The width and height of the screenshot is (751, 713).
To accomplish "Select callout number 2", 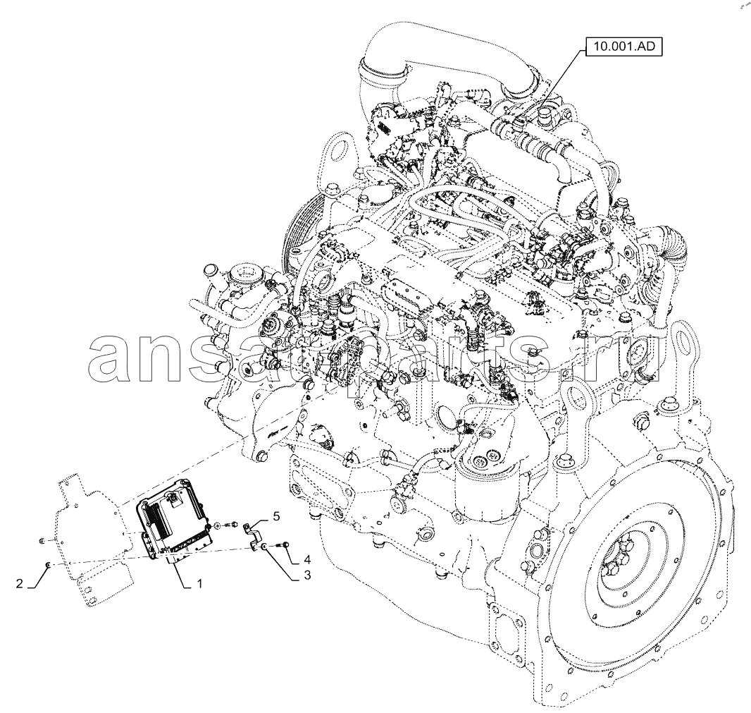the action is (x=19, y=583).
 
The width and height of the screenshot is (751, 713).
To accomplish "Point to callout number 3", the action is (x=306, y=574).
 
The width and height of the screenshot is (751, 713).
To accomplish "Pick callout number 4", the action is (x=306, y=559).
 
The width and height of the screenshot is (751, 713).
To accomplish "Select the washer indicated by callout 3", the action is (x=264, y=547).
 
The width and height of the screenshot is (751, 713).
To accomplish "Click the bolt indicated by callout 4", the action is (x=282, y=545).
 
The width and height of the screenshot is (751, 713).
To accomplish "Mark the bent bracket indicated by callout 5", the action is (x=254, y=537).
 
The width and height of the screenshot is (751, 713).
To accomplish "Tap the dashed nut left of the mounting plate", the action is (x=42, y=542).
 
